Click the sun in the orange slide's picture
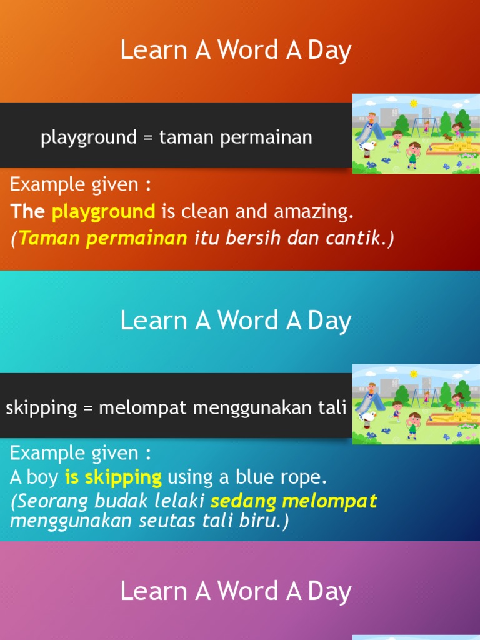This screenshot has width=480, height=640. [413, 102]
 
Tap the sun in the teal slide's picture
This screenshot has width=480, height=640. [413, 374]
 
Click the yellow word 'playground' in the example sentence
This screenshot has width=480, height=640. [103, 211]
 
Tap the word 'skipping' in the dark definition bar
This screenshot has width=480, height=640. [41, 408]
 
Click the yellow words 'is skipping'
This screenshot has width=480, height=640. [113, 477]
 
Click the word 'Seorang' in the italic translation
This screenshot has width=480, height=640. [52, 501]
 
